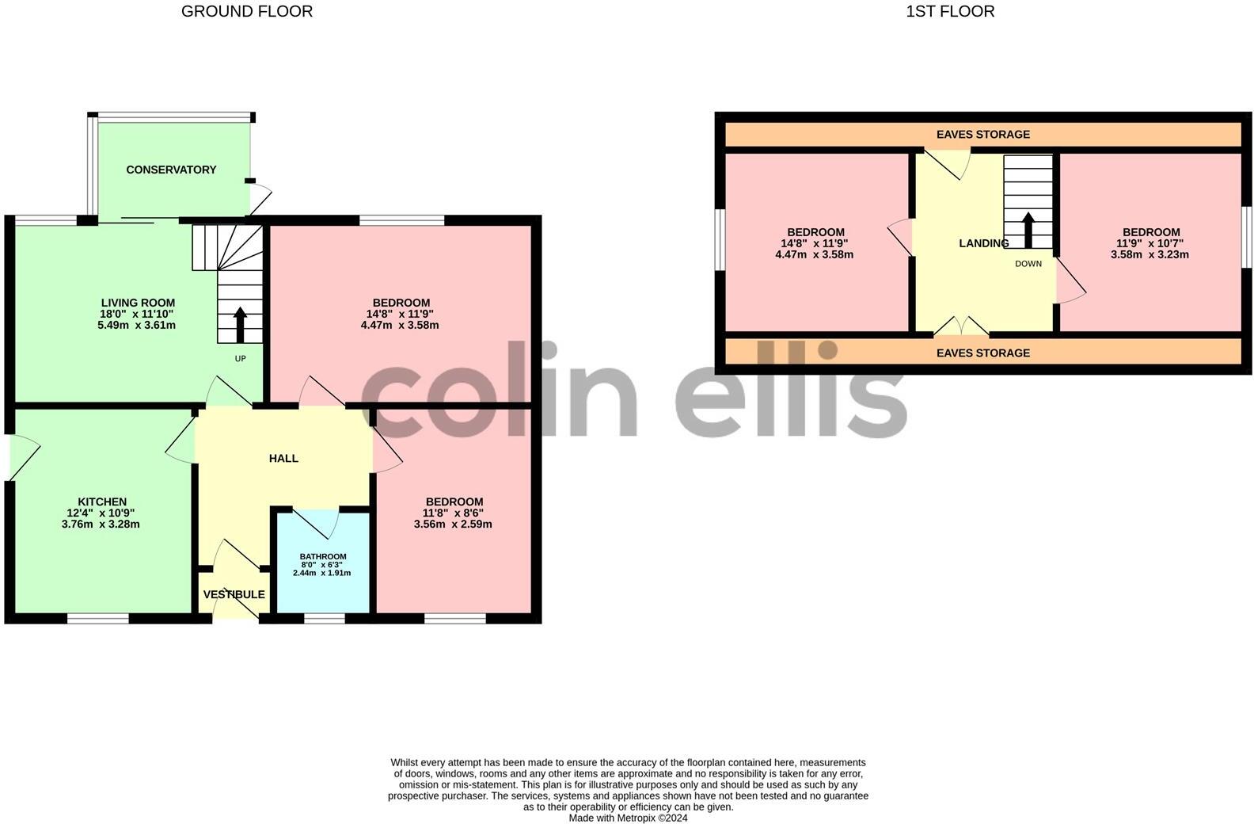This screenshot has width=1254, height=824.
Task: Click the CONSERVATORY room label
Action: [x=171, y=170]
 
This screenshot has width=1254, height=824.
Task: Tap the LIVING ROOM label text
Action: [x=138, y=303]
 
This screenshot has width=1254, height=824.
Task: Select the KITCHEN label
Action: [x=102, y=502]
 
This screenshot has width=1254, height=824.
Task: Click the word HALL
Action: [x=283, y=458]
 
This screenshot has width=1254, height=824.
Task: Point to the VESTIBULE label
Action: [x=234, y=594]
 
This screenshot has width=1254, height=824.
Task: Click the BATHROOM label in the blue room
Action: [x=323, y=556]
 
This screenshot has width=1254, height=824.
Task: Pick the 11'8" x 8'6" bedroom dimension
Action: [x=454, y=513]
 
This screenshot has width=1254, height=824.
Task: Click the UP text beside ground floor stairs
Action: [x=240, y=358]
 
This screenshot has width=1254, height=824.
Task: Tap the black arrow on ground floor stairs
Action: [x=240, y=323]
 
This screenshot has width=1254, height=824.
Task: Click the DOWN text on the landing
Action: [x=1028, y=264]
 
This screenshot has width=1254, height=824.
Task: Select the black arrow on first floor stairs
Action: [x=1028, y=229]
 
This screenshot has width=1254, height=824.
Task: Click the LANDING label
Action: [x=983, y=243]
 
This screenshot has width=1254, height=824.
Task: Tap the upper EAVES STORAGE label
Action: [x=982, y=134]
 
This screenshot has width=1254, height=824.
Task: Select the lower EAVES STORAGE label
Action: [x=982, y=353]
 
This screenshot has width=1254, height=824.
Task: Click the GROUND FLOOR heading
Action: [x=247, y=11]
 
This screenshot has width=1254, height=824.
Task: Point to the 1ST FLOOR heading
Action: [x=950, y=11]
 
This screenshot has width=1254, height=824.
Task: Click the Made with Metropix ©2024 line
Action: [x=628, y=818]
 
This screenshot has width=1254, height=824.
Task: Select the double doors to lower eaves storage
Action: [x=961, y=326]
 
